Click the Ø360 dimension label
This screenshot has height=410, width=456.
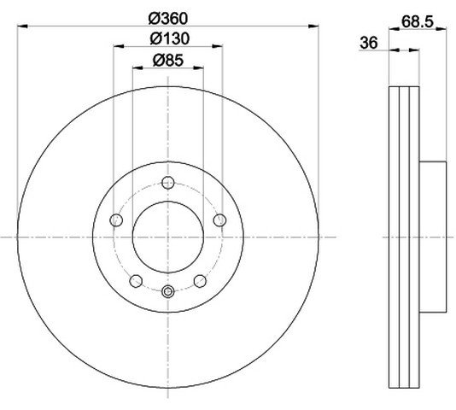pos(168,19)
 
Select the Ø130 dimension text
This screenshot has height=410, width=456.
pos(170,38)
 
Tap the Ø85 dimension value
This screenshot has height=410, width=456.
pos(168,61)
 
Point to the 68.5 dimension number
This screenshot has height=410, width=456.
pos(418,21)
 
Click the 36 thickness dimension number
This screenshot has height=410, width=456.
pos(369,43)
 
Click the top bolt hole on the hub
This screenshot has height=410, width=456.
pos(168,183)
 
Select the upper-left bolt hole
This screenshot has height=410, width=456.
pos(116,220)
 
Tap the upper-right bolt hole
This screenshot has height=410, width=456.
pos(219,220)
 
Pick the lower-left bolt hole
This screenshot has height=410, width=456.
pos(136,281)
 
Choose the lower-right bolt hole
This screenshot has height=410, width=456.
pos(200,281)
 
